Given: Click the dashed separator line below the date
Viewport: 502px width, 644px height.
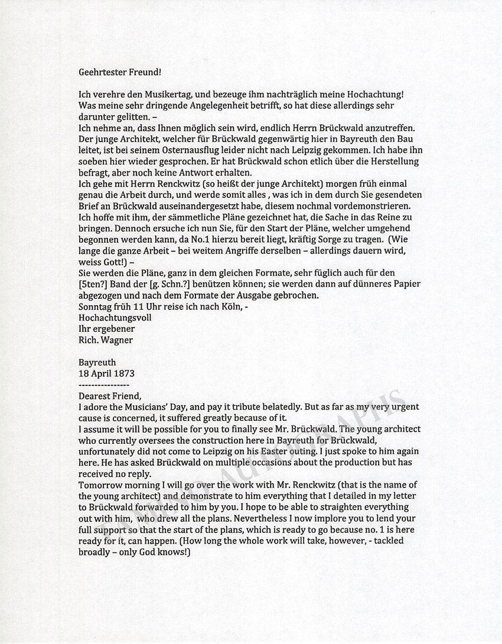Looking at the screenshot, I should pos(103,384).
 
